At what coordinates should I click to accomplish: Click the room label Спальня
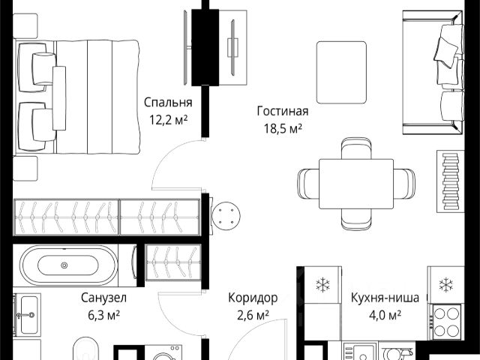(168, 103)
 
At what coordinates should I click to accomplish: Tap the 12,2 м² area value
(168, 120)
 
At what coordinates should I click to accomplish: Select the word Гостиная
(283, 111)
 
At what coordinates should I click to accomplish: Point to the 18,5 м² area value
(283, 128)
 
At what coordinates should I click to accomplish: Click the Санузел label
(103, 298)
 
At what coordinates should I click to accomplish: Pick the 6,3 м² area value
(103, 315)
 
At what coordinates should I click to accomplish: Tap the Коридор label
(253, 298)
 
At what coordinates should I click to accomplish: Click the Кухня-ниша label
(385, 298)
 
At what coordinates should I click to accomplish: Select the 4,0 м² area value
(385, 315)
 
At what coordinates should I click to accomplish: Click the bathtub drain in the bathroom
(64, 265)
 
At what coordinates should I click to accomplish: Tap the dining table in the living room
(356, 184)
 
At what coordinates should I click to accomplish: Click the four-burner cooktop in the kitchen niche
(445, 322)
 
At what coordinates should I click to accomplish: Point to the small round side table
(226, 216)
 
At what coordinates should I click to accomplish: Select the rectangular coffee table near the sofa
(342, 73)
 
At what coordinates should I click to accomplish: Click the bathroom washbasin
(27, 315)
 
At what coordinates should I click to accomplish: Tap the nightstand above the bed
(25, 26)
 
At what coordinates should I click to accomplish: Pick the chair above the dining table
(356, 148)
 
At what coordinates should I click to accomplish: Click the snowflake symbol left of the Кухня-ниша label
(322, 285)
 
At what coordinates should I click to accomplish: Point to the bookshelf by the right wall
(450, 181)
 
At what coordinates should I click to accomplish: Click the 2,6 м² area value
(253, 315)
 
